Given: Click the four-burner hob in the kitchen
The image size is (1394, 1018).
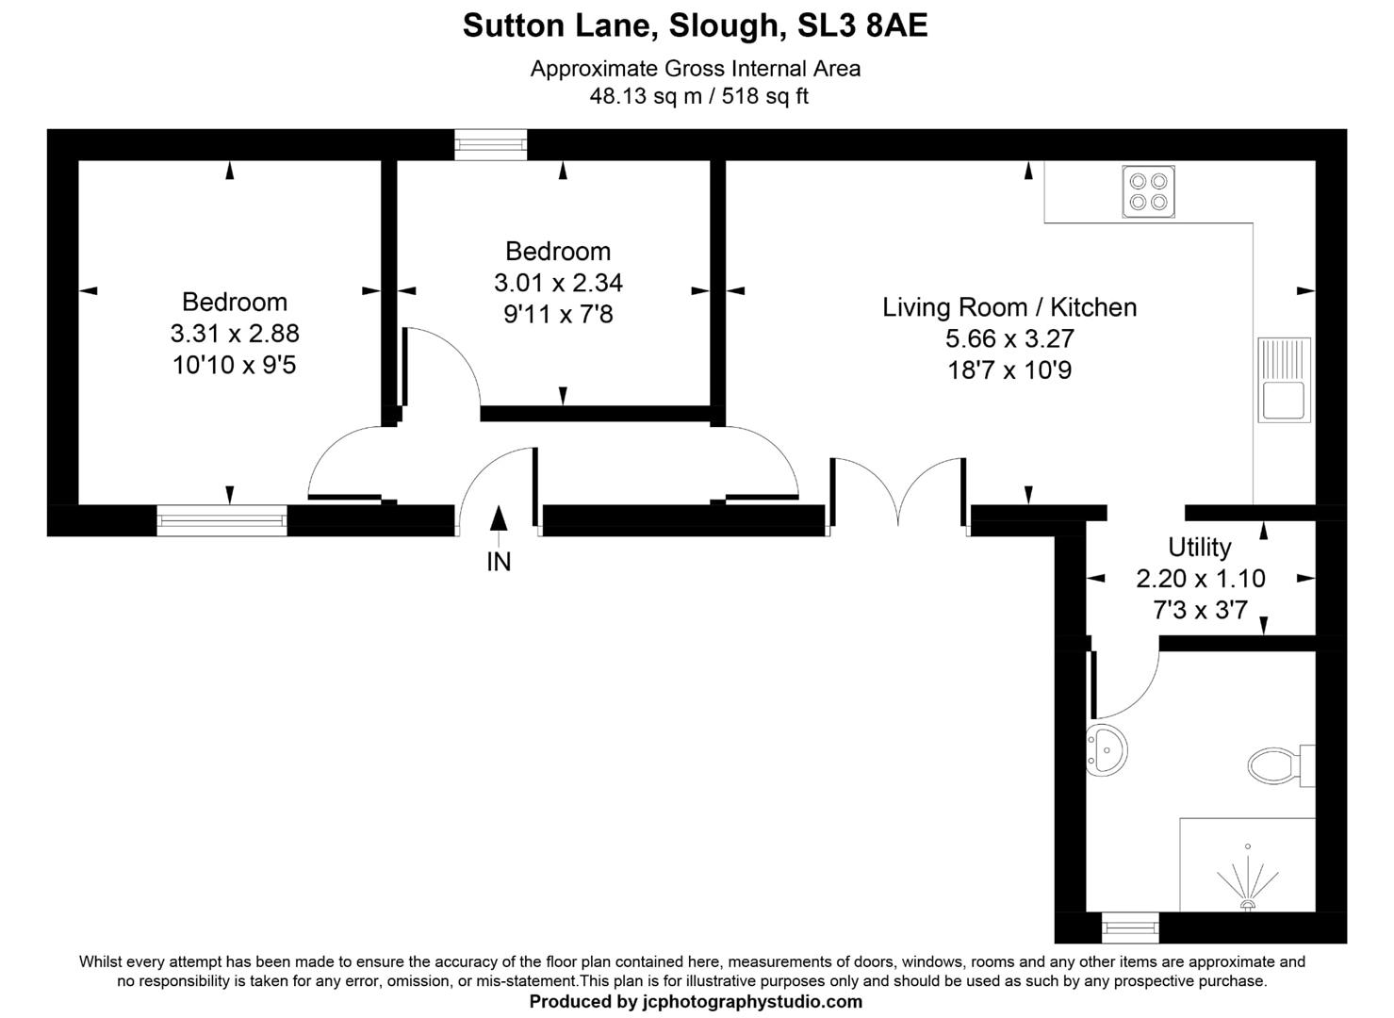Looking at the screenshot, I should click(1148, 191).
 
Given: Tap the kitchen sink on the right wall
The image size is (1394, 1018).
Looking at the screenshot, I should click(1284, 379).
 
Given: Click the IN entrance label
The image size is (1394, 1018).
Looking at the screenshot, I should click(499, 562).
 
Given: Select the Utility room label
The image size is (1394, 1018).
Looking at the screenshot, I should click(1199, 547).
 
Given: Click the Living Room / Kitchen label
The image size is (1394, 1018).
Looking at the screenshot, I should click(1009, 307).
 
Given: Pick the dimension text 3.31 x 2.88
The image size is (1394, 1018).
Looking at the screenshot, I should click(235, 333).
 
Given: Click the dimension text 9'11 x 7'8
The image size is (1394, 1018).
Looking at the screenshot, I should click(558, 314).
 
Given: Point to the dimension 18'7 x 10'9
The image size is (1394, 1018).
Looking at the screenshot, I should click(1009, 370).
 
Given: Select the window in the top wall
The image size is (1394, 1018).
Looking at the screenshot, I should click(490, 144).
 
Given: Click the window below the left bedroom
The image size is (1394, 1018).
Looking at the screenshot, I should click(221, 520).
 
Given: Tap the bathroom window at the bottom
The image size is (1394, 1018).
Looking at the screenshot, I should click(1130, 928).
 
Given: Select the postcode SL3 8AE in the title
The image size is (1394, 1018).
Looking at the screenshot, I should click(862, 25).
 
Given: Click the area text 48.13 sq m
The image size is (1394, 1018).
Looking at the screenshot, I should click(646, 96).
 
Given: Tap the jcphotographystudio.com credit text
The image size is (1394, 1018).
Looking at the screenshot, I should click(748, 1002).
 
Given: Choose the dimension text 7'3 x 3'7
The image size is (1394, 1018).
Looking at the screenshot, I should click(1200, 610).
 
